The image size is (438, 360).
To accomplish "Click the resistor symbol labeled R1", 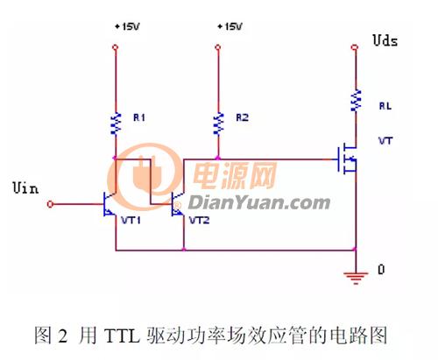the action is pyautogui.click(x=117, y=124).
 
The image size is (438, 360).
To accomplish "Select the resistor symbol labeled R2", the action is pyautogui.click(x=218, y=124).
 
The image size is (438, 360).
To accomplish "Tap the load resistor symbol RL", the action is pyautogui.click(x=357, y=101).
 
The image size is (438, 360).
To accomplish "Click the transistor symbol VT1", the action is pyautogui.click(x=109, y=204).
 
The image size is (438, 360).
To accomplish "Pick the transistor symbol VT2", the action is pyautogui.click(x=178, y=204).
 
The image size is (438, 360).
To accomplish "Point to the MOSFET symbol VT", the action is pyautogui.click(x=348, y=159).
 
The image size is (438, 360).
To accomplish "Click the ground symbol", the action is pyautogui.click(x=356, y=278).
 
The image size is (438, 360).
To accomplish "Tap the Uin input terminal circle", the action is pyautogui.click(x=50, y=204).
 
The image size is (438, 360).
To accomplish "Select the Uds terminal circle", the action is pyautogui.click(x=355, y=47).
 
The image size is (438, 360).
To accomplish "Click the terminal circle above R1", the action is pyautogui.click(x=116, y=47).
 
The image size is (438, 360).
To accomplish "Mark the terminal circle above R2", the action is pyautogui.click(x=218, y=47).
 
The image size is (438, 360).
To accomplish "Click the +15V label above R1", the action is pyautogui.click(x=127, y=27).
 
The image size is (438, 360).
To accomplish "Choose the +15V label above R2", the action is pyautogui.click(x=230, y=27).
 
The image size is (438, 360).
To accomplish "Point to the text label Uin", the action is pyautogui.click(x=25, y=187).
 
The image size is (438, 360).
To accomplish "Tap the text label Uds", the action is pyautogui.click(x=385, y=40).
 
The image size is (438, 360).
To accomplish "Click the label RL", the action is pyautogui.click(x=385, y=106).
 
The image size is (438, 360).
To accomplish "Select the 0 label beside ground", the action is pyautogui.click(x=381, y=270).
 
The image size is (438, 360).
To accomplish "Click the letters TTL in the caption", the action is pyautogui.click(x=122, y=335).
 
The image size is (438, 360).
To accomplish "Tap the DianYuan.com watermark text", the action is pyautogui.click(x=259, y=203).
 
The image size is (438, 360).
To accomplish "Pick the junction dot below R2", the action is pyautogui.click(x=218, y=159).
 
